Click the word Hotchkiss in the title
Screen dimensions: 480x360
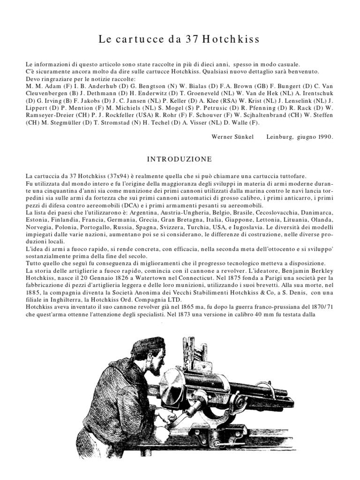[x=231, y=39]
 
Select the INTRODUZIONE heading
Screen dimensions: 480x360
[x=180, y=159]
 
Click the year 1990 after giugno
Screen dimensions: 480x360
[x=323, y=137]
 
